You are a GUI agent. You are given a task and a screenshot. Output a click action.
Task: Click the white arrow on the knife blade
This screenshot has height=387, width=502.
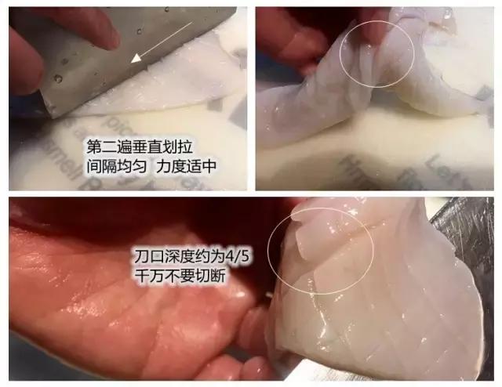pyautogui.click(x=162, y=43)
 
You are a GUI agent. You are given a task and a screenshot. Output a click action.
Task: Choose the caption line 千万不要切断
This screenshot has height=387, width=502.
pyautogui.click(x=181, y=276)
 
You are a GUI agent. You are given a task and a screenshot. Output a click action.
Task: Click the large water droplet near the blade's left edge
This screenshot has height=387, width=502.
pyautogui.click(x=58, y=78)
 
